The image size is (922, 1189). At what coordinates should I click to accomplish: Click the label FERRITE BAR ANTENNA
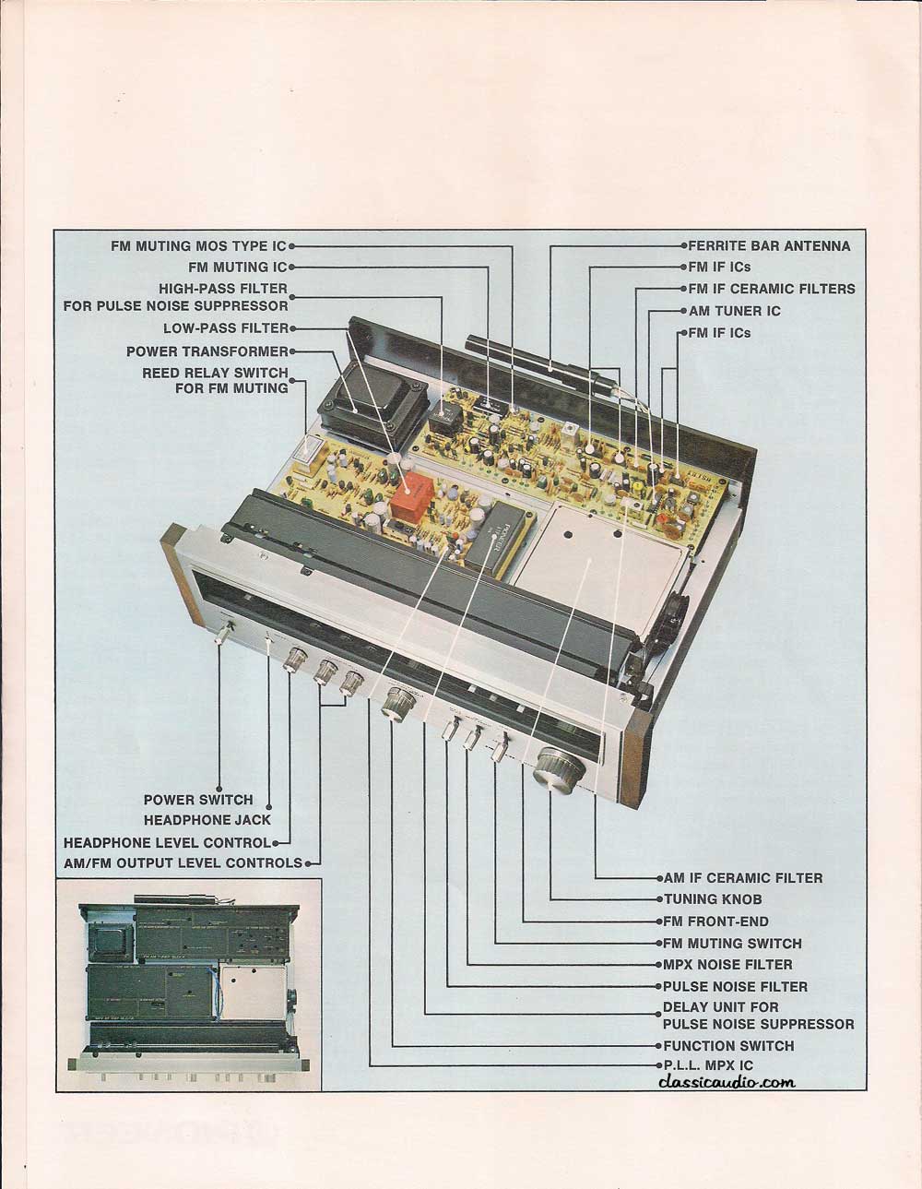tap(769, 246)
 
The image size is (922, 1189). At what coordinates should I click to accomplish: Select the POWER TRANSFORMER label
tap(207, 351)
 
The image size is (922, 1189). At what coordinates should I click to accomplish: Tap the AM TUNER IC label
tap(735, 312)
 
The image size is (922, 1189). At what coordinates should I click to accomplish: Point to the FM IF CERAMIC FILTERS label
tap(771, 289)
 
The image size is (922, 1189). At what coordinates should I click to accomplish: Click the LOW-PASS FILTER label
tap(225, 328)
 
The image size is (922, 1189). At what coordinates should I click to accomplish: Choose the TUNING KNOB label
tap(713, 899)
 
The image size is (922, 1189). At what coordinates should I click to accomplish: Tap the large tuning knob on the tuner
tap(560, 773)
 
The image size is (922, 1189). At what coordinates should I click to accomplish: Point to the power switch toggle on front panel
tap(223, 632)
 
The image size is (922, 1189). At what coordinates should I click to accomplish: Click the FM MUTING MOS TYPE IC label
tap(198, 246)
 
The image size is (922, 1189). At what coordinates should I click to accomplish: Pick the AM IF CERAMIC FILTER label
tap(742, 877)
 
